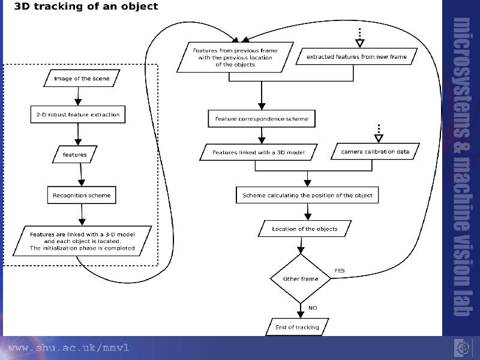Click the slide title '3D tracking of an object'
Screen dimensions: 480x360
tap(86, 6)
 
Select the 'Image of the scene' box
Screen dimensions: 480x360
tap(82, 79)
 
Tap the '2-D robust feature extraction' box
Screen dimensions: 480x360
tap(78, 115)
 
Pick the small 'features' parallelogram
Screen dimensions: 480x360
tap(74, 154)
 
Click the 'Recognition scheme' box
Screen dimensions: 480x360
tap(82, 195)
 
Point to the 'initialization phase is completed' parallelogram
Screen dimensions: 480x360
tap(82, 241)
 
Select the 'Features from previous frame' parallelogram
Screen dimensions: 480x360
tap(235, 57)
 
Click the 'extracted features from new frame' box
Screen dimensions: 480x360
tap(356, 56)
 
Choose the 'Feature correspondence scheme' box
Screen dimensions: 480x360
tap(262, 118)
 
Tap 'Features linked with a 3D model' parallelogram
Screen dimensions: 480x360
tap(259, 152)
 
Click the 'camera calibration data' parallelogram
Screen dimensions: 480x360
tap(375, 151)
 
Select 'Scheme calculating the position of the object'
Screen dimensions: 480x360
tap(307, 195)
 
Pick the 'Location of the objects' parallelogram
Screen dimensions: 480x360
tap(305, 229)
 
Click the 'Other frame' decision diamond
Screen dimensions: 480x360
tap(301, 278)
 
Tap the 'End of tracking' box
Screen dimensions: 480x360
tap(297, 327)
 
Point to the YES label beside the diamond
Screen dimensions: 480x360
tap(339, 271)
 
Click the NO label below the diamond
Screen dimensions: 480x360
tap(313, 308)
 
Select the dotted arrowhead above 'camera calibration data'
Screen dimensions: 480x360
tap(379, 139)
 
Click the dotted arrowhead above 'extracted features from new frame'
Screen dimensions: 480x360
tap(360, 43)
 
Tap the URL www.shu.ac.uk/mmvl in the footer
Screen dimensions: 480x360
tap(69, 348)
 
